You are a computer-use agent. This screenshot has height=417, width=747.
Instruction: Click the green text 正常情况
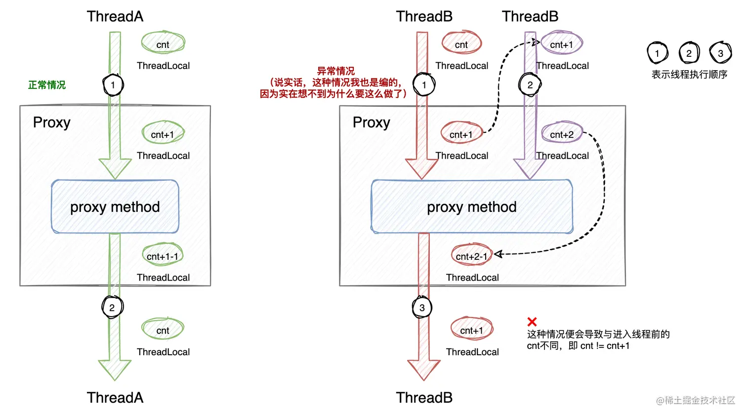click(x=47, y=85)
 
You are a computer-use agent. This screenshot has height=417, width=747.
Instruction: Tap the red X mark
click(x=532, y=322)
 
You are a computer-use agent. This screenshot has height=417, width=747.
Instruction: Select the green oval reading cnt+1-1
click(x=163, y=256)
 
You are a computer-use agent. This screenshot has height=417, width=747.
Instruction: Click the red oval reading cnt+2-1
click(x=472, y=256)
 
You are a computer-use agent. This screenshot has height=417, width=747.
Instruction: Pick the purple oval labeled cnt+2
click(x=562, y=134)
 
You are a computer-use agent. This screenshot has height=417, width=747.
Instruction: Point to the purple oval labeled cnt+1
click(x=562, y=44)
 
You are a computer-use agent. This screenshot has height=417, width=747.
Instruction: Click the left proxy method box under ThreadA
click(x=115, y=207)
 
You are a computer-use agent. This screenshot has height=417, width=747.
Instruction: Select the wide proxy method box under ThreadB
click(x=472, y=207)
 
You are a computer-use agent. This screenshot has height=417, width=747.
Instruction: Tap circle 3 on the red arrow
click(x=422, y=308)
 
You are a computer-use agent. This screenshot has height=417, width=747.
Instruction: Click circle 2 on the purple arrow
click(x=530, y=85)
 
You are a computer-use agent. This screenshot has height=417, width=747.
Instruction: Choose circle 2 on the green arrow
click(x=112, y=308)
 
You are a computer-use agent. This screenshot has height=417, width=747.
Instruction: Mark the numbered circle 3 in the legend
click(x=720, y=53)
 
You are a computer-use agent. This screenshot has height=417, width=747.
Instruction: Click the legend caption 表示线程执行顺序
click(x=689, y=75)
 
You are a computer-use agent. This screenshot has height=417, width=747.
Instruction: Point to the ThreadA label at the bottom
click(x=115, y=398)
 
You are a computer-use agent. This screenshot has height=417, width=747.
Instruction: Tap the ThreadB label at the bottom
click(x=424, y=398)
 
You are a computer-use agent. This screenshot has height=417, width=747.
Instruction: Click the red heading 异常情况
click(x=336, y=71)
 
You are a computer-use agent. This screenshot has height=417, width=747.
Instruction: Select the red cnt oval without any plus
click(x=461, y=44)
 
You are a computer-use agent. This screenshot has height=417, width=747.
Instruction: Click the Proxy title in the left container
click(x=52, y=123)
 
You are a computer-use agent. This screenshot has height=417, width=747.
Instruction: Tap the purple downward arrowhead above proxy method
click(x=530, y=168)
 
